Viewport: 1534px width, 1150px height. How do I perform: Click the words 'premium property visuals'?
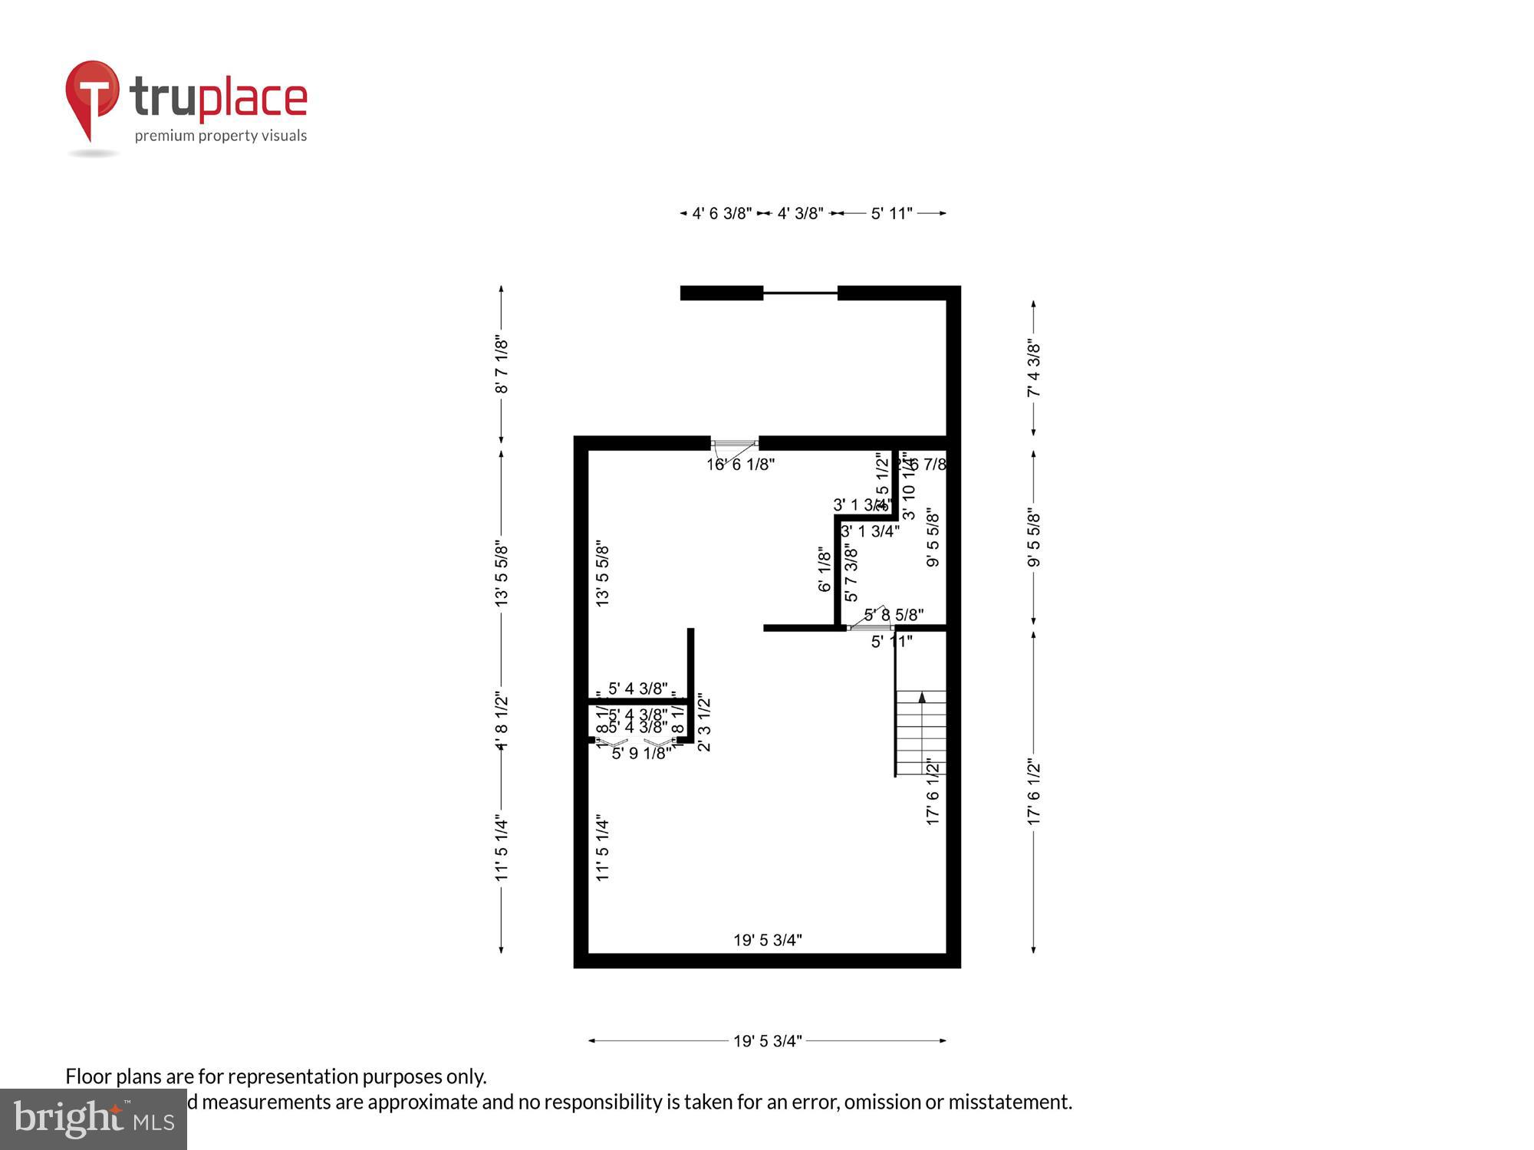point(221,136)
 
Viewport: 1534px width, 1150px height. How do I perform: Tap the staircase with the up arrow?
point(921,732)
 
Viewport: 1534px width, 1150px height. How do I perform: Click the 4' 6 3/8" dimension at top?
point(722,214)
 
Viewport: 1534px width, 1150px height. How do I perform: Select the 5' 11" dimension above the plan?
point(891,214)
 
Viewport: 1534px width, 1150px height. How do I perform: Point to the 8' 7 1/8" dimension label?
point(502,364)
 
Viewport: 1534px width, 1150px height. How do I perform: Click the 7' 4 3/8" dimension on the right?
point(1034,369)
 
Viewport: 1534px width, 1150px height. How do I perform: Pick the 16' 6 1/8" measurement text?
point(740,465)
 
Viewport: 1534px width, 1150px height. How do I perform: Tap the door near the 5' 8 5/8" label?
point(871,626)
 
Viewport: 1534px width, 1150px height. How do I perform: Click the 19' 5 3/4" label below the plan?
point(767,1041)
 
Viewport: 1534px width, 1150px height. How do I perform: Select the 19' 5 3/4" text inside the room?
point(767,940)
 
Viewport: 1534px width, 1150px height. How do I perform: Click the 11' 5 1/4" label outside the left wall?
point(502,847)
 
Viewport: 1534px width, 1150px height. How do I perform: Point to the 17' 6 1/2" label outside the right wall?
point(1034,792)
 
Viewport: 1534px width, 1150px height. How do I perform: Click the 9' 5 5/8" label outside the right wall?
point(1034,537)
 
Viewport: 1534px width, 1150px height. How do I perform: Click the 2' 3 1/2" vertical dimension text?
point(704,723)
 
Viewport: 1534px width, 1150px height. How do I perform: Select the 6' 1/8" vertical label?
point(825,569)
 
